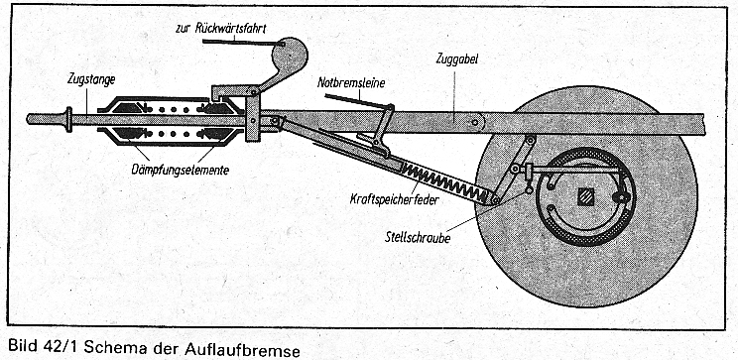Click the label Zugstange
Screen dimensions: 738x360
pyautogui.click(x=90, y=80)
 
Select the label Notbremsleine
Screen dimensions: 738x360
pyautogui.click(x=351, y=83)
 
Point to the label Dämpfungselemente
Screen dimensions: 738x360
pyautogui.click(x=181, y=169)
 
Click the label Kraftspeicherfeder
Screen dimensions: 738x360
pyautogui.click(x=394, y=199)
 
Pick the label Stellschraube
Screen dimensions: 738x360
pyautogui.click(x=418, y=238)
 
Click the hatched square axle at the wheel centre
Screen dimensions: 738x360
pyautogui.click(x=585, y=197)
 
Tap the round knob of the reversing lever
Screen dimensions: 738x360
pyautogui.click(x=290, y=55)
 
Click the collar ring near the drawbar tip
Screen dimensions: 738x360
pyautogui.click(x=69, y=119)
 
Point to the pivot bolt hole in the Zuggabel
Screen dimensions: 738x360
pyautogui.click(x=475, y=123)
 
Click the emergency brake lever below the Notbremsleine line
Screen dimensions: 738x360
pyautogui.click(x=383, y=128)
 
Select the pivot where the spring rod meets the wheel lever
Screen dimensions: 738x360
pyautogui.click(x=495, y=199)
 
